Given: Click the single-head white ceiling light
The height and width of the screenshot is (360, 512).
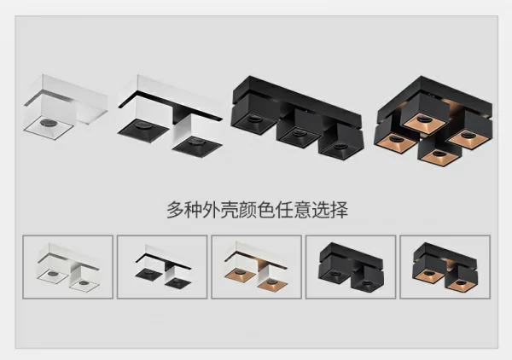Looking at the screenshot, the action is pyautogui.click(x=66, y=107).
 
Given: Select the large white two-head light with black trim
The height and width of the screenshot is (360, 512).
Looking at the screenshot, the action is pyautogui.click(x=170, y=116).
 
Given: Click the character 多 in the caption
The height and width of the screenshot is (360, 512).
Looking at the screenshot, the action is pyautogui.click(x=175, y=210).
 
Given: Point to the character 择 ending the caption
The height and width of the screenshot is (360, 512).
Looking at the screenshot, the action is pyautogui.click(x=340, y=210).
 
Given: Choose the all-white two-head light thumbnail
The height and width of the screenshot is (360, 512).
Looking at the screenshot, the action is pyautogui.click(x=68, y=267).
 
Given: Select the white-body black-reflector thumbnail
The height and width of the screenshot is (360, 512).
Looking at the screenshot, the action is pyautogui.click(x=162, y=267).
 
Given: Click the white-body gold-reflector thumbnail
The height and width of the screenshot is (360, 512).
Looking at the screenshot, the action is pyautogui.click(x=256, y=267).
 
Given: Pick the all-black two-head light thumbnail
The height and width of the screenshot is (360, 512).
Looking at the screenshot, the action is pyautogui.click(x=351, y=267).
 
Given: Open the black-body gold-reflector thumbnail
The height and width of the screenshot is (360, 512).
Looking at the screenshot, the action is pyautogui.click(x=445, y=267).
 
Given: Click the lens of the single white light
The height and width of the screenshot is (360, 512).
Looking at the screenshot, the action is pyautogui.click(x=48, y=123).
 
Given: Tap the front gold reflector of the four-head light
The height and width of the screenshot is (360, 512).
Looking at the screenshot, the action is pyautogui.click(x=439, y=157).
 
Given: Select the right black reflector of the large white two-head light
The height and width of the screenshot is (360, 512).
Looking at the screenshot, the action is pyautogui.click(x=198, y=146).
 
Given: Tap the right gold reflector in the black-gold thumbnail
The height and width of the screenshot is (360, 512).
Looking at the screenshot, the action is pyautogui.click(x=461, y=283).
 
